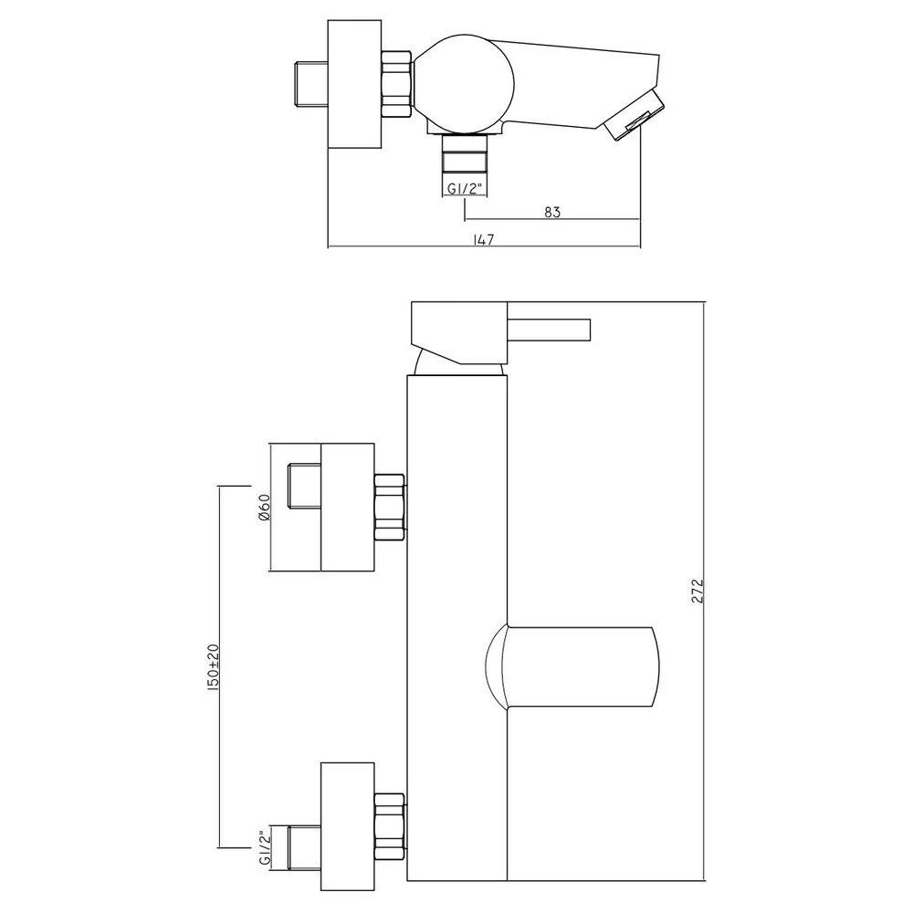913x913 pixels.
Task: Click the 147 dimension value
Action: pyautogui.click(x=484, y=239)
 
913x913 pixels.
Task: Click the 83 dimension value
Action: pyautogui.click(x=552, y=212)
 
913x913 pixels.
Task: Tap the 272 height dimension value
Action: pyautogui.click(x=698, y=591)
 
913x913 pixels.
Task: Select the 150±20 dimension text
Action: pyautogui.click(x=213, y=668)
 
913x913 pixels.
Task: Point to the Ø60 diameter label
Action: pyautogui.click(x=264, y=507)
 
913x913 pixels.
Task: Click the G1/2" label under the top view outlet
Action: pyautogui.click(x=465, y=188)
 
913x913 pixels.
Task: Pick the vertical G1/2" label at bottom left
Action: pyautogui.click(x=265, y=848)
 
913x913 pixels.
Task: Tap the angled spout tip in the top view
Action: pyautogui.click(x=634, y=114)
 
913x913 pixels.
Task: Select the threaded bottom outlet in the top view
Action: pyautogui.click(x=465, y=153)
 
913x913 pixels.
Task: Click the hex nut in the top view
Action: pyautogui.click(x=397, y=84)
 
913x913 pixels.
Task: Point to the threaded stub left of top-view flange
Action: pyautogui.click(x=311, y=84)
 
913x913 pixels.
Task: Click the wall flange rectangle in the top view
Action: pyautogui.click(x=354, y=84)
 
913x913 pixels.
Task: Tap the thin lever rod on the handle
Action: pyautogui.click(x=549, y=330)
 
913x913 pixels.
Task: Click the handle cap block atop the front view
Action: pyautogui.click(x=459, y=333)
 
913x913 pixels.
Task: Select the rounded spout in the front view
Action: pyautogui.click(x=572, y=667)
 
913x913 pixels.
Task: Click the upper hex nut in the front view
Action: pyautogui.click(x=390, y=507)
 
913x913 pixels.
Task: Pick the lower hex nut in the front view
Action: pyautogui.click(x=390, y=826)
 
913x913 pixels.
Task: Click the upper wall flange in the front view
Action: pyautogui.click(x=348, y=507)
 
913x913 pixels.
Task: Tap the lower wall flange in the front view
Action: pyautogui.click(x=348, y=826)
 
